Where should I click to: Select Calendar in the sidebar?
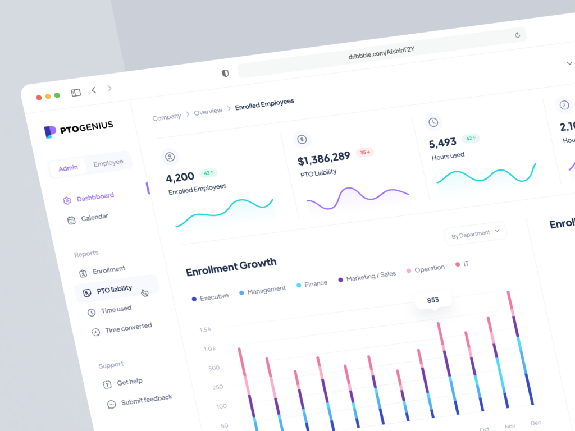94,218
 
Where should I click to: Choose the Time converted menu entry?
127,328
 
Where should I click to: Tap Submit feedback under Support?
146,400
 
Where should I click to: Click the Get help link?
129,382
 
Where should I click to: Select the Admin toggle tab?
69,167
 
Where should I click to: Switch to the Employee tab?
108,163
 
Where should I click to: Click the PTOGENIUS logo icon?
50,131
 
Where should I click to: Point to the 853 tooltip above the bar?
433,300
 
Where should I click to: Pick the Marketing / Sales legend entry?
370,276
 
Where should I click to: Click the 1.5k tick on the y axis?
205,329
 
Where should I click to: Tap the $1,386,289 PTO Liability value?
324,159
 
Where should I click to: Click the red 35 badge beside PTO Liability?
366,152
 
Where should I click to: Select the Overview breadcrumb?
208,112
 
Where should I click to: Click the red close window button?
39,97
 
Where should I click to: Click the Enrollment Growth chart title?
231,267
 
